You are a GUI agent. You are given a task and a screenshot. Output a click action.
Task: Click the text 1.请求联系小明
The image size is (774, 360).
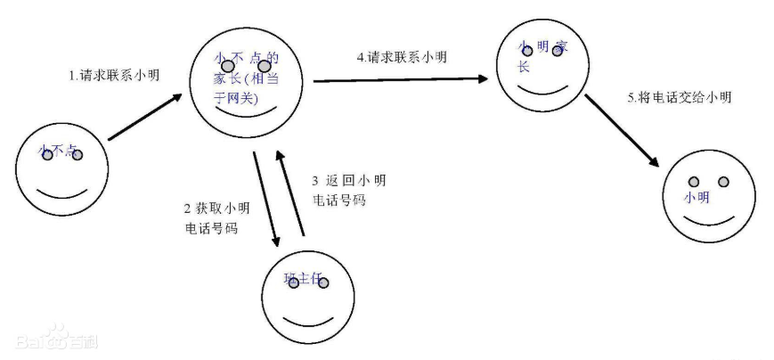114,76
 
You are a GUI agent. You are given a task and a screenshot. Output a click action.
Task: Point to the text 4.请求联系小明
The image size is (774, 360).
402,58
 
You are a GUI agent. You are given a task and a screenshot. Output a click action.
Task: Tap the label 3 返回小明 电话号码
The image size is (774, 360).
348,190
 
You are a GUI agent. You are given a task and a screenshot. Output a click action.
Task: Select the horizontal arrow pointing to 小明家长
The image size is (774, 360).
401,79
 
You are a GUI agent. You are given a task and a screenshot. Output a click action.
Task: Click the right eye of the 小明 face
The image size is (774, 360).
723,183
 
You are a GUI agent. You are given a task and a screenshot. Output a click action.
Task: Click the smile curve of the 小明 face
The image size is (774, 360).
705,218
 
